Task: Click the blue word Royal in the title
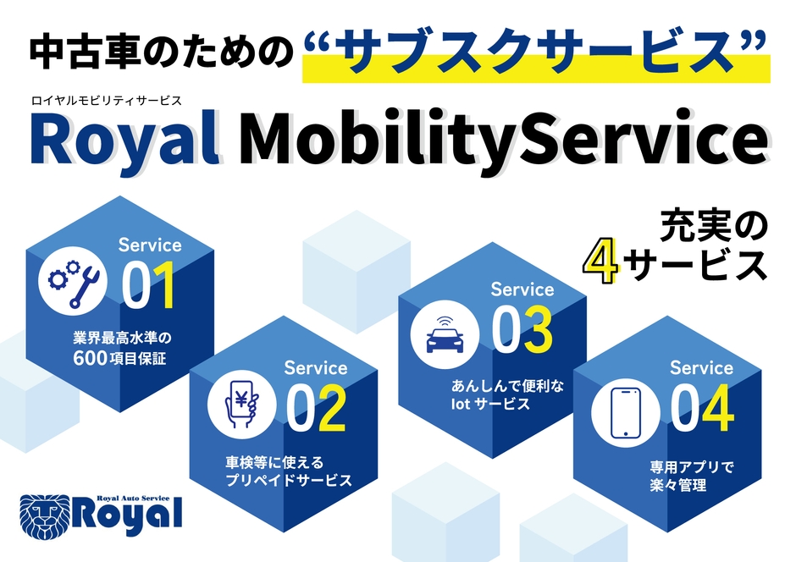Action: pos(125,140)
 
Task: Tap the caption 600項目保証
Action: pos(119,357)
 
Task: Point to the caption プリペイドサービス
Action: pos(289,480)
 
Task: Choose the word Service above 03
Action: pos(522,289)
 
